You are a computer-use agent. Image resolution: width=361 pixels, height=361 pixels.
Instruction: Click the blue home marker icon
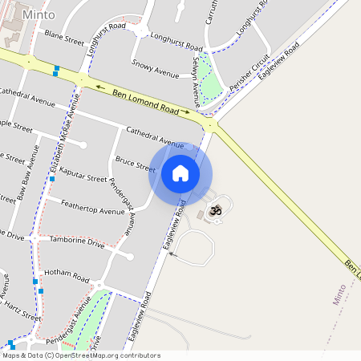[x=180, y=173]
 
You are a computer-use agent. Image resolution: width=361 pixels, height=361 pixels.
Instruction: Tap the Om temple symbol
[x=214, y=210]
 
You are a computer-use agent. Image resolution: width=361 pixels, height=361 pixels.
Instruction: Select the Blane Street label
[x=64, y=39]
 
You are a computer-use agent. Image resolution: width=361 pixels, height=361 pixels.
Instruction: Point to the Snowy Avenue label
[x=155, y=71]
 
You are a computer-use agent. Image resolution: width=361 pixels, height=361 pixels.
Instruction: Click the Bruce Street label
[x=135, y=164]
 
